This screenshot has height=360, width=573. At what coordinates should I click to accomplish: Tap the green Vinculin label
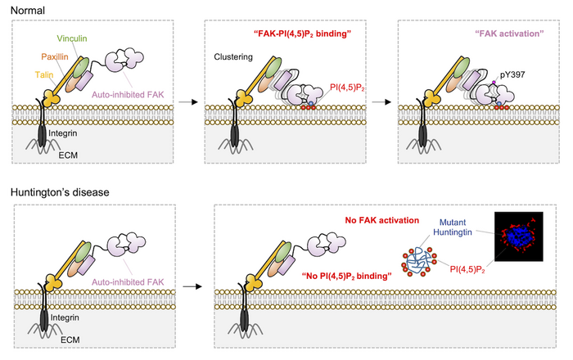(x=75, y=38)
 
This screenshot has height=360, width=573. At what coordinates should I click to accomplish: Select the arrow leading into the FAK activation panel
(x=381, y=102)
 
